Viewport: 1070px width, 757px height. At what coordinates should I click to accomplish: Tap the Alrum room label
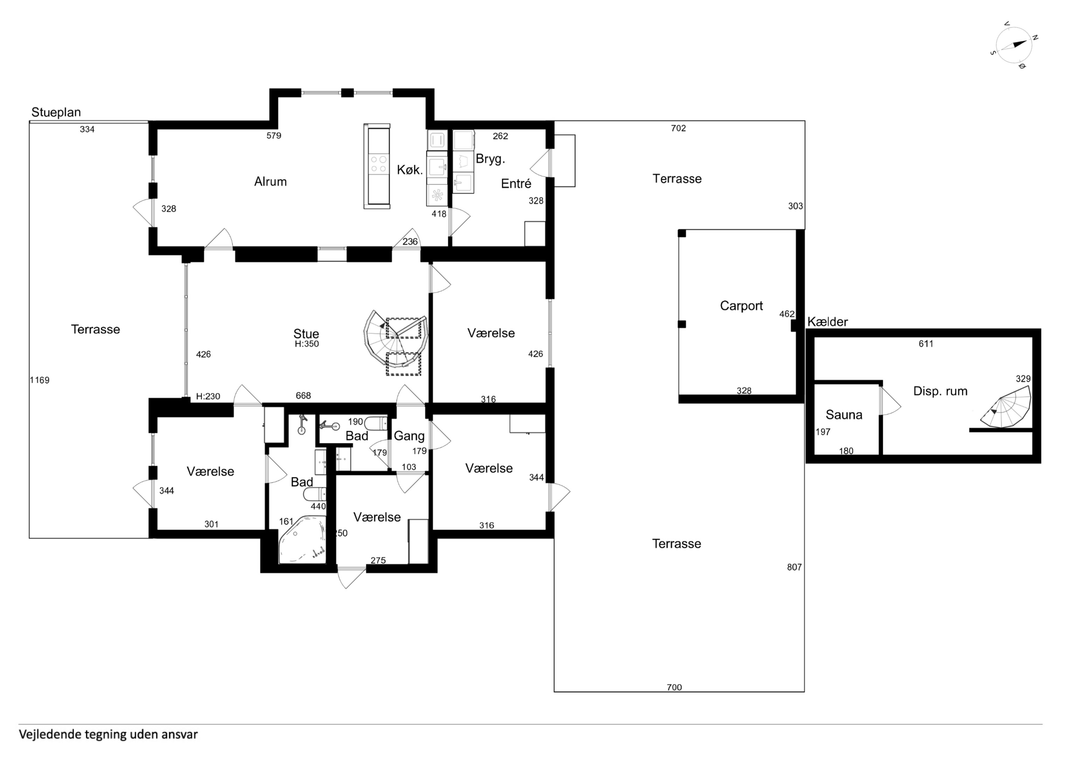coord(270,182)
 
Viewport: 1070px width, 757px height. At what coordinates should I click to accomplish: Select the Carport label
coord(741,306)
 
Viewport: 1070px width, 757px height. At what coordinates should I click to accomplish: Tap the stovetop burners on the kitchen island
coord(378,164)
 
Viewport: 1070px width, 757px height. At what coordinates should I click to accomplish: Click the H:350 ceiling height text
coord(307,344)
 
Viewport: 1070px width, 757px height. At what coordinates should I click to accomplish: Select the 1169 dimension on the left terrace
coord(40,380)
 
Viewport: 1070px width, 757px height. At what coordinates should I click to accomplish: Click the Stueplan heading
coord(56,112)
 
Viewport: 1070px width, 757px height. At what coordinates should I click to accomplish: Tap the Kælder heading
coord(828,322)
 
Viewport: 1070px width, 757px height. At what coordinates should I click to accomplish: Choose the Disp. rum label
coord(940,391)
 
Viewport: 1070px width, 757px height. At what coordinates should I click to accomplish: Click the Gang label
coord(409,436)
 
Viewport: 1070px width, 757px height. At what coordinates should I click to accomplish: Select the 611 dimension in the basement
coord(926,344)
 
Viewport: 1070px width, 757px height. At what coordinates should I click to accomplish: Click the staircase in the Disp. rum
coord(1007,413)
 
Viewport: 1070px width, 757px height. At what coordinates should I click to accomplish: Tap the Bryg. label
coord(490,159)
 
